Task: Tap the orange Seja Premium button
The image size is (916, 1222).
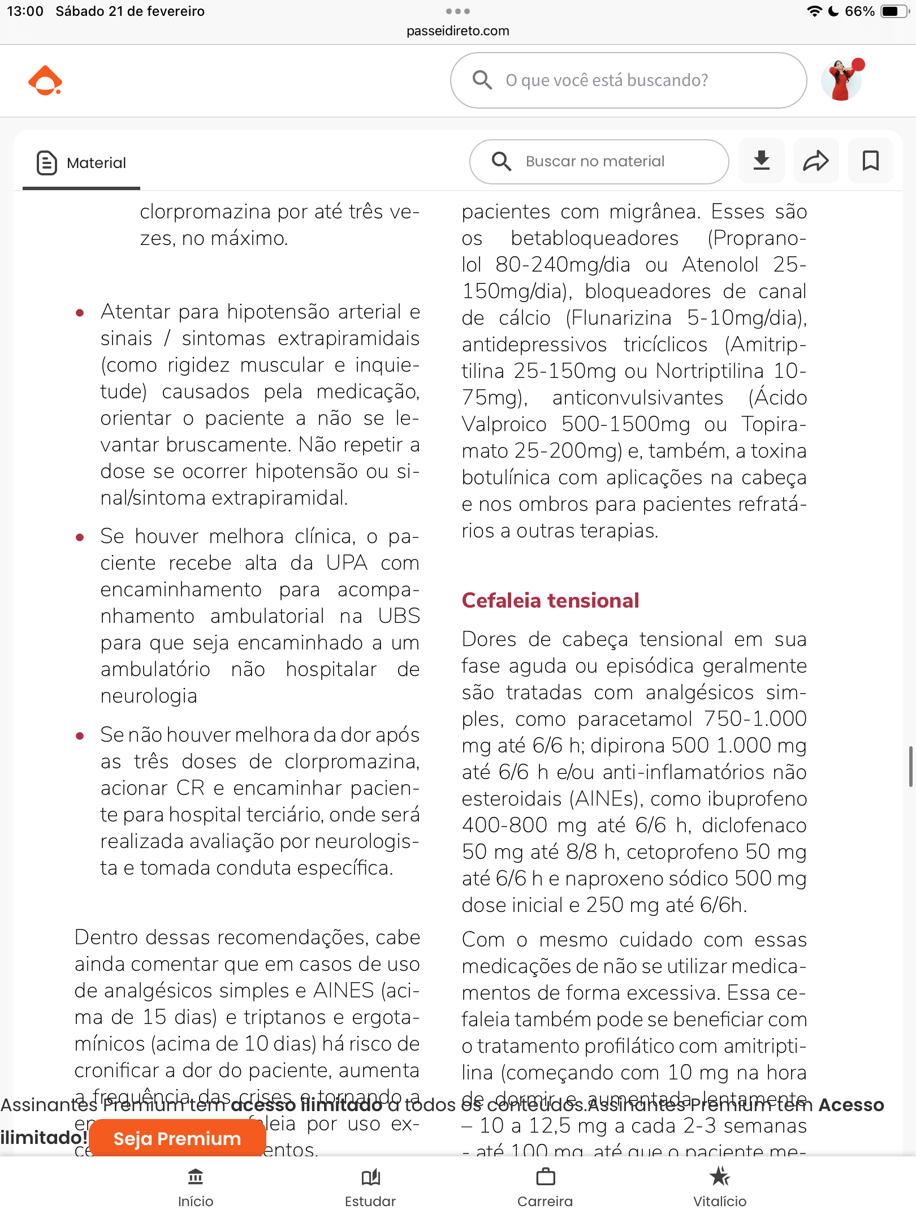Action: (177, 1138)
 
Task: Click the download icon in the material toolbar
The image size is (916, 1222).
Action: (762, 161)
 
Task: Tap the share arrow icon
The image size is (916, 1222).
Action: (816, 161)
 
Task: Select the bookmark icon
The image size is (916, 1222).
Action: (870, 161)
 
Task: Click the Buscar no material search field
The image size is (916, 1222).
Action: (599, 162)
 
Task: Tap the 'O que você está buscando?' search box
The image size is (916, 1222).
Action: (628, 80)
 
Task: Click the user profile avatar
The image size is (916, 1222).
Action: (841, 80)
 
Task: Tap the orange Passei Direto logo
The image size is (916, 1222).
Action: (45, 81)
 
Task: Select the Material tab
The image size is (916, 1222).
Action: (81, 163)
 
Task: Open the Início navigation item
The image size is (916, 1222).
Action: (196, 1187)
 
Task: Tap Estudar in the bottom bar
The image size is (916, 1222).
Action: (370, 1187)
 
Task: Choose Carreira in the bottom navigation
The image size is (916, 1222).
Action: (545, 1187)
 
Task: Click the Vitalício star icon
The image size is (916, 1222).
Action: (720, 1177)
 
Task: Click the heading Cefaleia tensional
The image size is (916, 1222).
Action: (550, 600)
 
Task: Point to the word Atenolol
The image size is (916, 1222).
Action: (720, 264)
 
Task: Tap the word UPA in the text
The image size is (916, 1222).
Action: (347, 563)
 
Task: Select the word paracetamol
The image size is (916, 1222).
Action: (634, 719)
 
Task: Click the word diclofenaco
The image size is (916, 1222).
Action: (754, 825)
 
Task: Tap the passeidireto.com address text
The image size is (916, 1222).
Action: (457, 31)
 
